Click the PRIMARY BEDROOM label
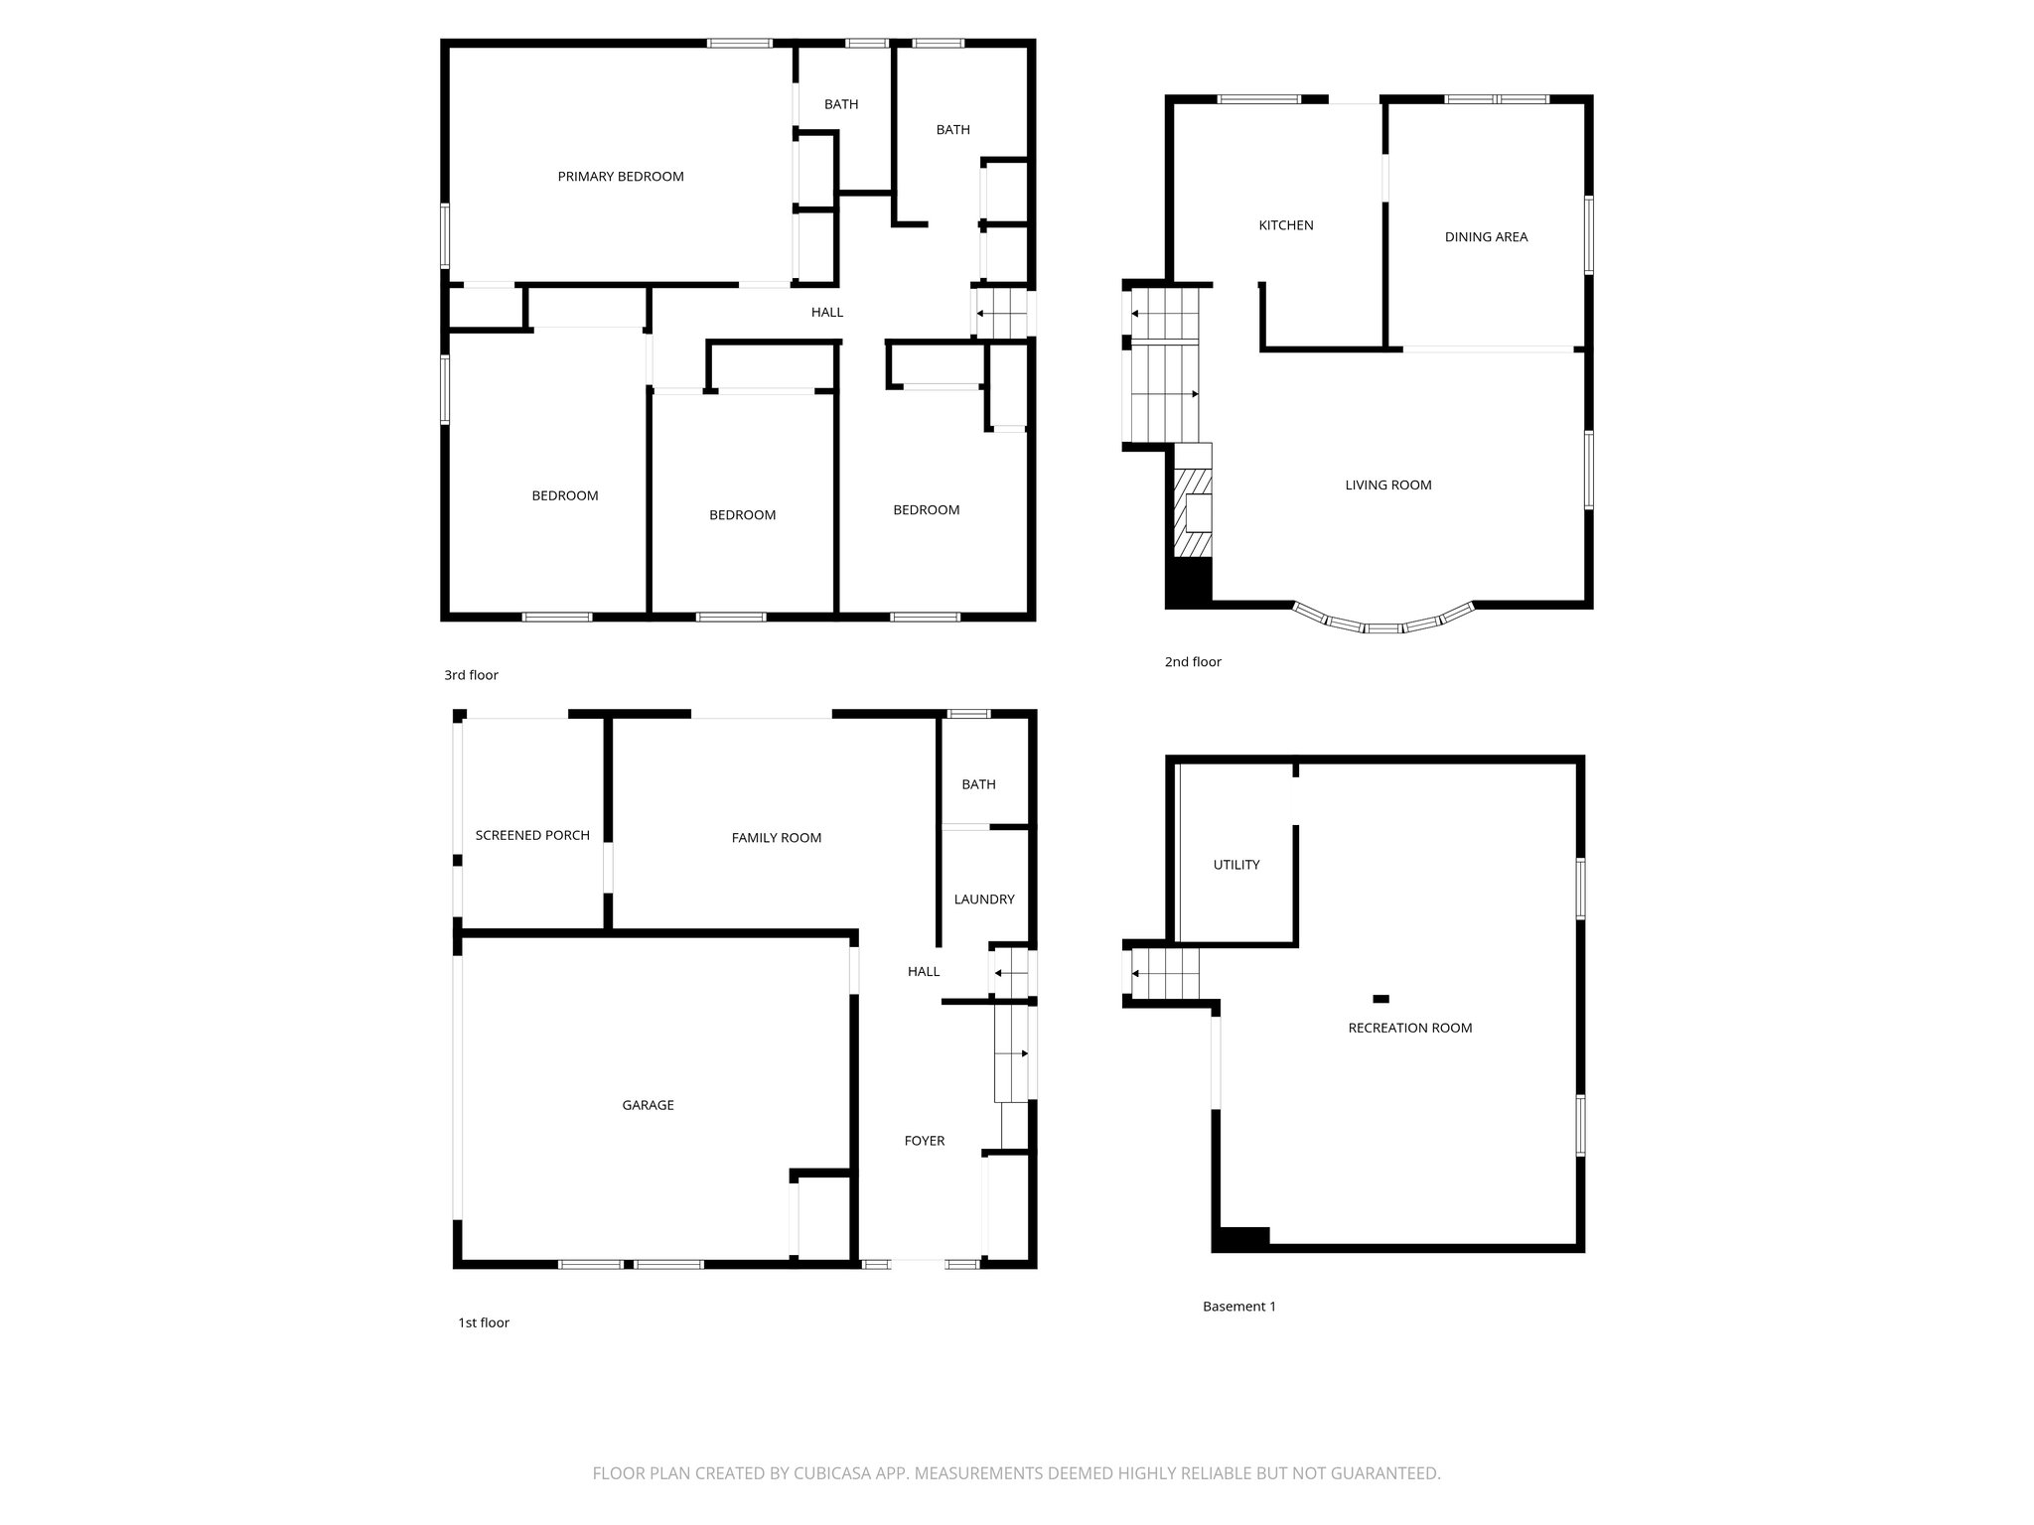[620, 177]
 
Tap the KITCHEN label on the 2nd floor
[1285, 225]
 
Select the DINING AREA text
[1486, 237]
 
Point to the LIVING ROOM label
[1387, 485]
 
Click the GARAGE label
[648, 1105]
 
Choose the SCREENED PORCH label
[532, 835]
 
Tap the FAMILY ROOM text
[776, 838]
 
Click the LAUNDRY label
[983, 900]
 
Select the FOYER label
[924, 1141]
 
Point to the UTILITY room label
[1235, 865]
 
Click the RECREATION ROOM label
[1409, 1028]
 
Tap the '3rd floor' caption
[471, 675]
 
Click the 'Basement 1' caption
[1238, 1307]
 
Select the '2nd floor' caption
[1192, 662]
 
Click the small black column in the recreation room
[1380, 999]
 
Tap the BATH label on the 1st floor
[978, 784]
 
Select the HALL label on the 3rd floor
[826, 313]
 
